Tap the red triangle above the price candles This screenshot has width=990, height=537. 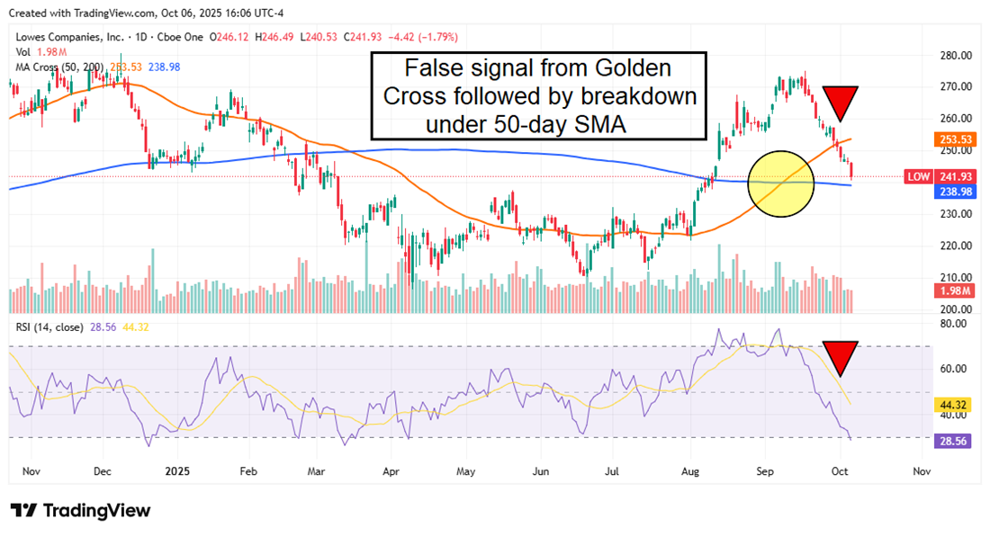click(839, 101)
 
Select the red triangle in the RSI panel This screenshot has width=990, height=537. click(841, 356)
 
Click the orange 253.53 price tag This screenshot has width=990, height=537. click(955, 139)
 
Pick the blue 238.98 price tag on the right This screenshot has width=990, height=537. click(955, 192)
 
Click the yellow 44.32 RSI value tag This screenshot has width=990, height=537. click(955, 405)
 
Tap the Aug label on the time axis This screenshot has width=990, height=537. click(690, 470)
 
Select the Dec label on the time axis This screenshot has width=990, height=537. click(102, 470)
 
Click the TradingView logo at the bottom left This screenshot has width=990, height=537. click(80, 511)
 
